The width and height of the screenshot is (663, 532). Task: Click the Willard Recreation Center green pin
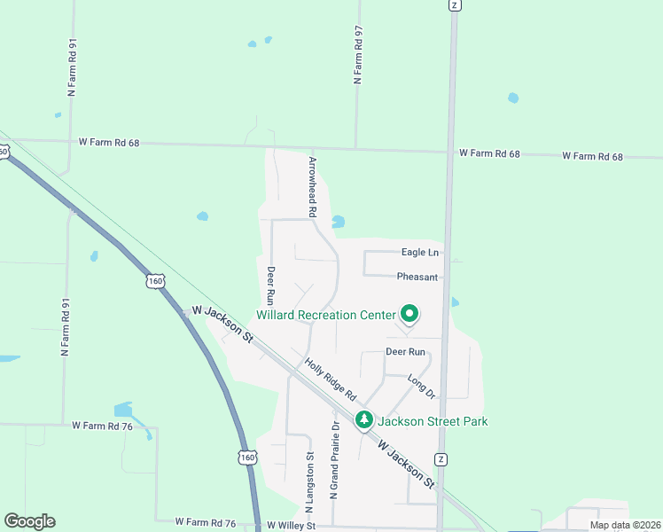(x=409, y=314)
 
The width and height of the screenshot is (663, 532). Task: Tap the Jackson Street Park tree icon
(x=363, y=419)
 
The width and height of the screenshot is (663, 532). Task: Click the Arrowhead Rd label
(x=312, y=188)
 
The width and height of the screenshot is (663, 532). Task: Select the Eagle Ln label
(x=420, y=253)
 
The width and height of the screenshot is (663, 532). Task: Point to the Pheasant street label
(x=417, y=277)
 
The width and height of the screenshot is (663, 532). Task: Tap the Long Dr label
(x=422, y=387)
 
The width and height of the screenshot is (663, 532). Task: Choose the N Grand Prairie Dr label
(x=335, y=460)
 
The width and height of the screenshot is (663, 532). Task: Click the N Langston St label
(x=310, y=483)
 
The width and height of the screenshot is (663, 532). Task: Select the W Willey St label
(x=291, y=526)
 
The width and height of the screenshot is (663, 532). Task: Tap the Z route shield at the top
(x=454, y=4)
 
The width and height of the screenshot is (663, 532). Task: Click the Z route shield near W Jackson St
(x=441, y=458)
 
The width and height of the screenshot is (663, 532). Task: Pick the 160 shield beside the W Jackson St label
(x=156, y=280)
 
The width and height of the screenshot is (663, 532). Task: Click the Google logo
(x=29, y=521)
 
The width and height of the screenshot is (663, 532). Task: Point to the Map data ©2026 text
(x=625, y=525)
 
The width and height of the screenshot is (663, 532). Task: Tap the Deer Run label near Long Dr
(x=406, y=352)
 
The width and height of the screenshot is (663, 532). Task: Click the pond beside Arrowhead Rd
(x=338, y=222)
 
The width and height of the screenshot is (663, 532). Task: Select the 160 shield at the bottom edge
(x=247, y=457)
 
